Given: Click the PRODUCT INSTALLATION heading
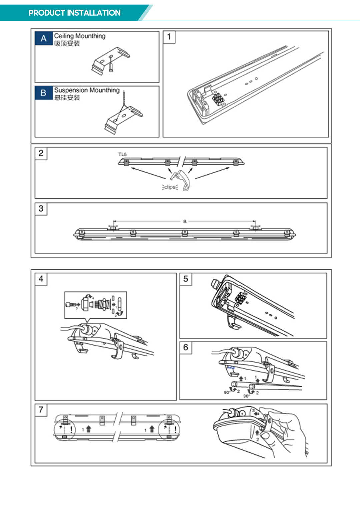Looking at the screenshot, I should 74,13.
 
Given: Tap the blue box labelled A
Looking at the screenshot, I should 44,39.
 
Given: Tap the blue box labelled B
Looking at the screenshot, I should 44,93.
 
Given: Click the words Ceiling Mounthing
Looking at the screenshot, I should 80,36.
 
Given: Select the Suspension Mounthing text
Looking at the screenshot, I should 87,90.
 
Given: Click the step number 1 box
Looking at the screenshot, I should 169,37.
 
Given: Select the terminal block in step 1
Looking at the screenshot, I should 218,99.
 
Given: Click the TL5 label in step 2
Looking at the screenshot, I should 122,154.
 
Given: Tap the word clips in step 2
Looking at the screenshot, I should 170,187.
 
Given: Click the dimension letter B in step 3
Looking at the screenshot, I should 185,221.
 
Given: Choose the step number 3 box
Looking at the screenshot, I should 41,209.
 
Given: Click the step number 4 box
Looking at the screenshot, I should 41,279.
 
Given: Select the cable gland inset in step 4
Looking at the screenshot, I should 96,305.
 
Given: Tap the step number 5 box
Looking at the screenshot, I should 186,279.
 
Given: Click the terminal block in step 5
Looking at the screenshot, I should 240,297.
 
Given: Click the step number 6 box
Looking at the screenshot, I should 186,348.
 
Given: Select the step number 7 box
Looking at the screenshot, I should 41,410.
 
